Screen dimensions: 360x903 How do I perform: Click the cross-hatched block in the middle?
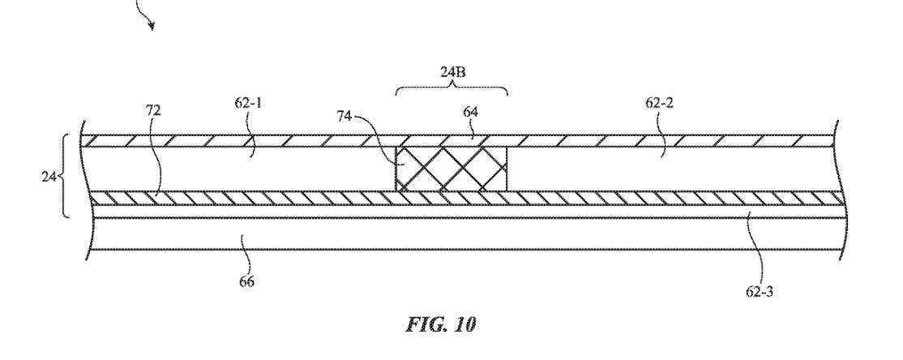point(451,168)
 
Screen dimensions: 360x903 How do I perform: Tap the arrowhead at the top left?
point(151,26)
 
